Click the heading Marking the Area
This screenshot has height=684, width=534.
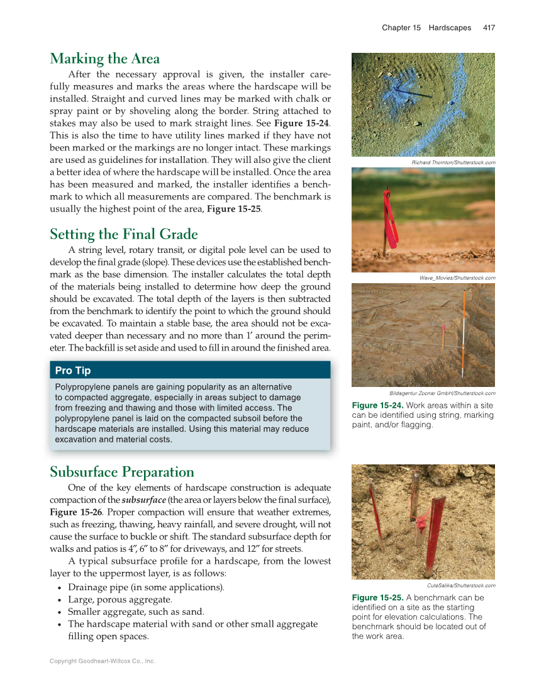(104, 59)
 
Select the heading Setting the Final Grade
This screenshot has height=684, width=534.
(124, 235)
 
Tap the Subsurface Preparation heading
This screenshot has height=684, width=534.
(122, 472)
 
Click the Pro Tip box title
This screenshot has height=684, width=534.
(73, 371)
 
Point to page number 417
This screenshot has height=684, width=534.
(489, 28)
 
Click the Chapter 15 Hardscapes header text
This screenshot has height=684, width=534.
(426, 28)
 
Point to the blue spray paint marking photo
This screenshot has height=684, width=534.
(423, 104)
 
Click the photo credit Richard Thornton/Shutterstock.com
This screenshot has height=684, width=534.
(453, 163)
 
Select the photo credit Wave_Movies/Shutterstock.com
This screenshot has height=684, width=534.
(457, 278)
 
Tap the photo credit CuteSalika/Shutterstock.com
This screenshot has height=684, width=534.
(457, 586)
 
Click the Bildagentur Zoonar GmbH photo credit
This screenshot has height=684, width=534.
(442, 393)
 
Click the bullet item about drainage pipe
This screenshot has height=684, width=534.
(146, 588)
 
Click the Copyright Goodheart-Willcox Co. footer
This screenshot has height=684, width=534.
(102, 661)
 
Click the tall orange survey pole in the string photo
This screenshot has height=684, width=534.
(464, 321)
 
